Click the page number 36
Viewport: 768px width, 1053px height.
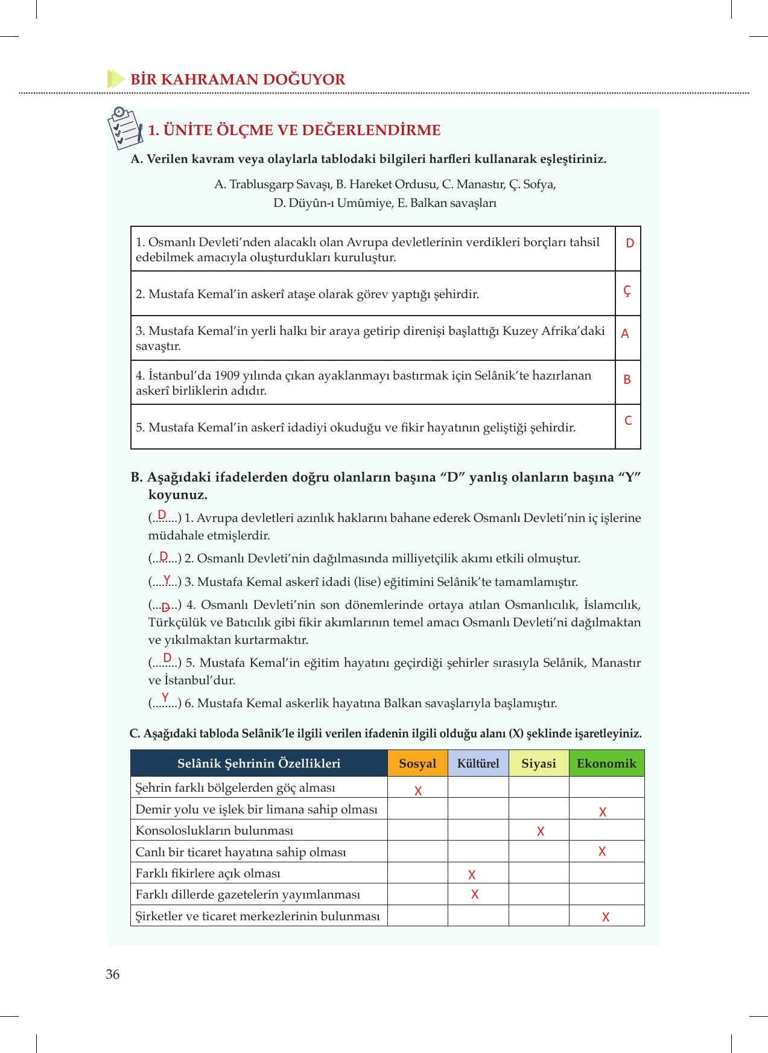(113, 975)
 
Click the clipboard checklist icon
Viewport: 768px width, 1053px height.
(125, 128)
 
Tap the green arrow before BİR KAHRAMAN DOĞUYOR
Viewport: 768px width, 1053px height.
(115, 79)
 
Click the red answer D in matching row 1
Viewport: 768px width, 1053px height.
(630, 243)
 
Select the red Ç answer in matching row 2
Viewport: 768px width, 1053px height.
(627, 291)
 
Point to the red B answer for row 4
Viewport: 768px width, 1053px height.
(627, 380)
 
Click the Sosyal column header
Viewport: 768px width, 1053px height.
(417, 763)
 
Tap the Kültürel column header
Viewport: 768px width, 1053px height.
(478, 763)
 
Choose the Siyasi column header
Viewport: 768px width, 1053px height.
(539, 763)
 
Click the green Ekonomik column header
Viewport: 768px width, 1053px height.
(606, 763)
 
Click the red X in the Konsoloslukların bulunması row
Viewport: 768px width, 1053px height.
(541, 832)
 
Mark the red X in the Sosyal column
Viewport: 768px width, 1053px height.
(418, 791)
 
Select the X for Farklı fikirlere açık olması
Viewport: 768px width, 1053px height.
(472, 874)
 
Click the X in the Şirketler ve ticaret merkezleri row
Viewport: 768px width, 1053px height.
(606, 917)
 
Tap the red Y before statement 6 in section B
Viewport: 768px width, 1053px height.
(165, 698)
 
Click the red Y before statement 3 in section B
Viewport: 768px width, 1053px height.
(167, 578)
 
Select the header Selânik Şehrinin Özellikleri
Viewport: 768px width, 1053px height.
(259, 763)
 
